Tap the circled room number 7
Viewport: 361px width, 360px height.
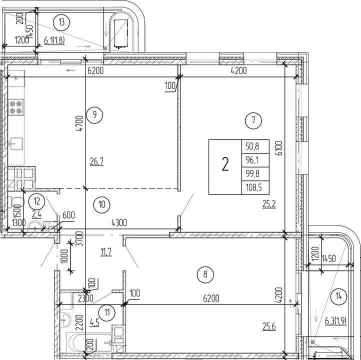tap(253, 120)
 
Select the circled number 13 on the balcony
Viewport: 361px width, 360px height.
tap(61, 22)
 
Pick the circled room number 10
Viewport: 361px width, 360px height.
tap(101, 204)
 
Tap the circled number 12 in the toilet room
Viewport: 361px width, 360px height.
tap(36, 201)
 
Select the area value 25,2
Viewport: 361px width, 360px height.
tap(269, 203)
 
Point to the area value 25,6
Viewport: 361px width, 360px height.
tap(269, 326)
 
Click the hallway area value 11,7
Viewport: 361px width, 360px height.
tap(105, 251)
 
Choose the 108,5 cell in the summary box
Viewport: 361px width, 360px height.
tap(255, 187)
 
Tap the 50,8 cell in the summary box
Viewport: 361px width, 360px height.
tap(255, 146)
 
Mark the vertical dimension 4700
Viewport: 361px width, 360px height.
tap(79, 124)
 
